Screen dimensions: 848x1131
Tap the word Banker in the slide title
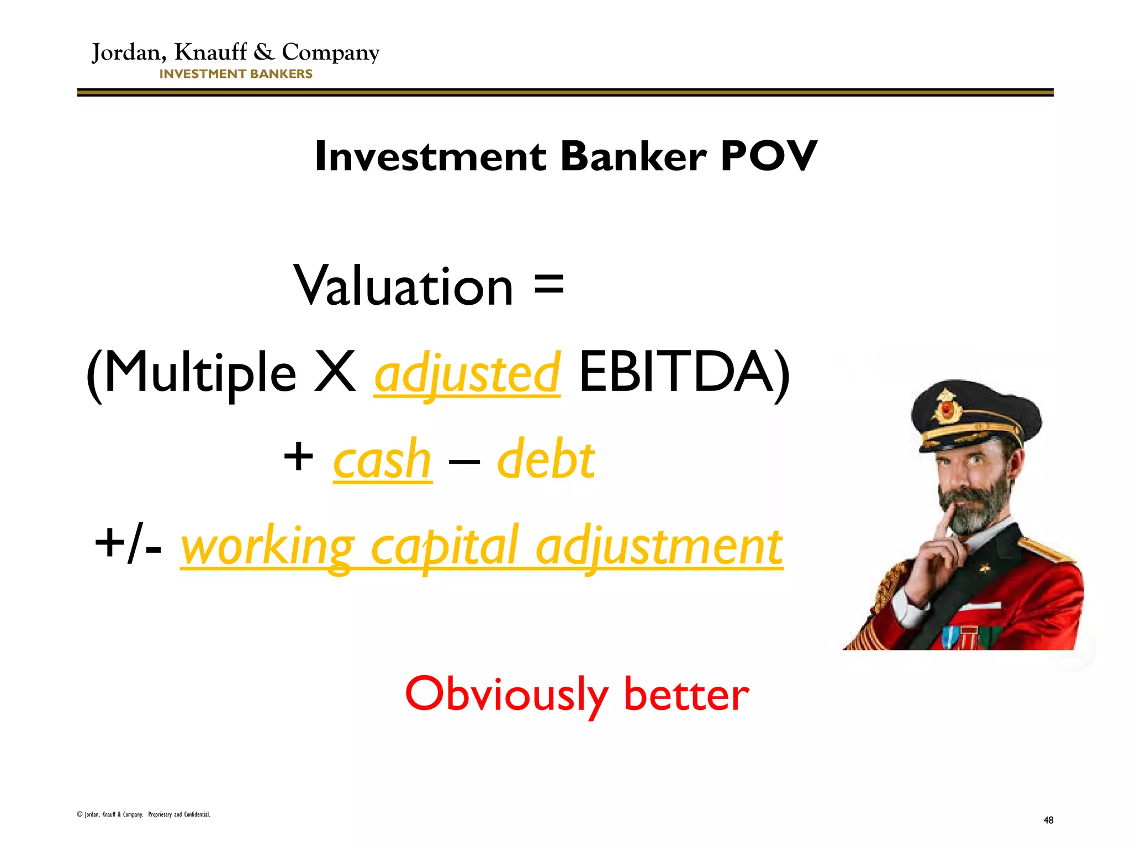tap(633, 156)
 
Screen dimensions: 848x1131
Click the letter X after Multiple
tap(335, 373)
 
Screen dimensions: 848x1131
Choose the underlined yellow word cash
tap(382, 460)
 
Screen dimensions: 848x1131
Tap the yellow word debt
tap(546, 459)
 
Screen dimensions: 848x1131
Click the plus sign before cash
tap(298, 458)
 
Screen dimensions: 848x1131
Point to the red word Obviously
tap(506, 695)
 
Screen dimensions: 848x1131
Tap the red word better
tap(686, 695)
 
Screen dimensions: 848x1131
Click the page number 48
tap(1048, 820)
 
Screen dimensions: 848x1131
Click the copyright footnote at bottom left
tap(144, 814)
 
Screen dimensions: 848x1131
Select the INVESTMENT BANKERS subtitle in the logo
tap(236, 74)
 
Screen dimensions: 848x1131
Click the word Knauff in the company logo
tap(211, 52)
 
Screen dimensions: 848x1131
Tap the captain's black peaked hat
tap(975, 411)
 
